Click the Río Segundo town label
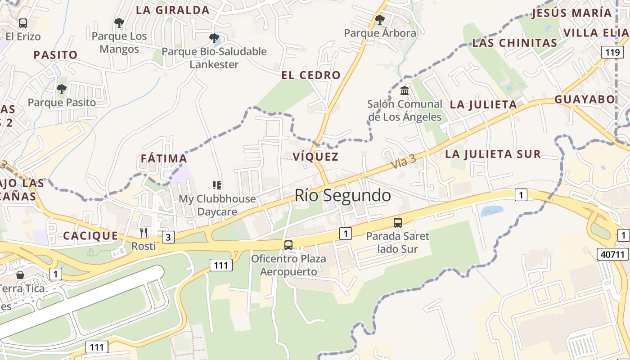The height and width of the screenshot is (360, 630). coord(342,195)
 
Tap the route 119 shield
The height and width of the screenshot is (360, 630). coord(612,53)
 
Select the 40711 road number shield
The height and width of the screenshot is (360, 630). coord(613,254)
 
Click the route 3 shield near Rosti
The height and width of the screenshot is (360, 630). coord(168,237)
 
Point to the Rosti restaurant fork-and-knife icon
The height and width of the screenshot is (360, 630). coord(144,233)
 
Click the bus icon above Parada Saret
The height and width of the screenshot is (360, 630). coord(398,222)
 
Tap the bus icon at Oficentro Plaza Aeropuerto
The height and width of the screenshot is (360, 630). coord(288,245)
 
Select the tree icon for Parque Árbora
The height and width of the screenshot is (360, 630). coord(380,20)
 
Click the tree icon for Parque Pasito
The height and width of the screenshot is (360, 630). coord(62,89)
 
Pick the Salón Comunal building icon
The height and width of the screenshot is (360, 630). coord(405,91)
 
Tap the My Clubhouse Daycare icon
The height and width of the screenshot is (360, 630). coord(217,185)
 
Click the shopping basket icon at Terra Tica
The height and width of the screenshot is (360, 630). coord(20,274)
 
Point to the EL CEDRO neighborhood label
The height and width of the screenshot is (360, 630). coord(311,75)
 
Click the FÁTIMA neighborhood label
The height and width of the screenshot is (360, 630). coord(164,158)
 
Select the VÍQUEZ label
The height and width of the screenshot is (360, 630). coord(315,157)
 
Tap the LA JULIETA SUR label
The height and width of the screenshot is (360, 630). coord(493,154)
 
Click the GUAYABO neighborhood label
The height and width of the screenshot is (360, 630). coord(585,99)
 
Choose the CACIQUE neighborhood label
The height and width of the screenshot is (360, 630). coord(90,236)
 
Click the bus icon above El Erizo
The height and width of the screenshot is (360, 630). coord(23,23)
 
